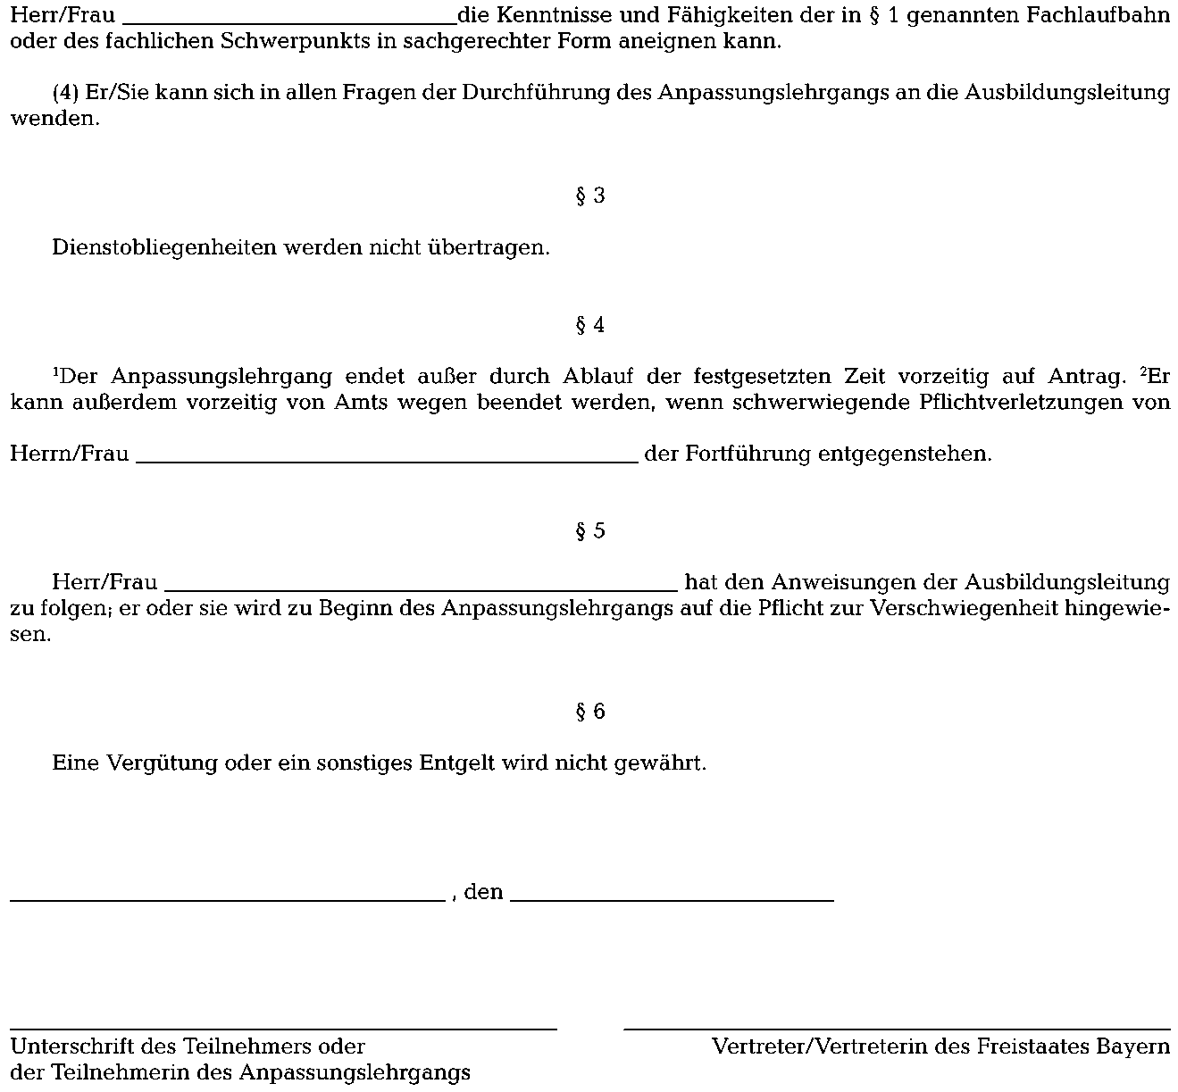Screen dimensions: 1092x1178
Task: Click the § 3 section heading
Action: coord(589,196)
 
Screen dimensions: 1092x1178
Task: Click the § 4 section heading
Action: coord(589,325)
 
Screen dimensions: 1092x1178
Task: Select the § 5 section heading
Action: coord(589,531)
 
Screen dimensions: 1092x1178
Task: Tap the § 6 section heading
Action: coord(589,712)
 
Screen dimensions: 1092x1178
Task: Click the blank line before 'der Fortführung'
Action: coord(387,460)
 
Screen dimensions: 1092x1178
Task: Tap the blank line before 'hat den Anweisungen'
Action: coord(422,589)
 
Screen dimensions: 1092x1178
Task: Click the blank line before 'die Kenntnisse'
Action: coord(288,22)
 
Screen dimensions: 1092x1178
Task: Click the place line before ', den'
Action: coord(227,899)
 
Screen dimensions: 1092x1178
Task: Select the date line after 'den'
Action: coord(672,899)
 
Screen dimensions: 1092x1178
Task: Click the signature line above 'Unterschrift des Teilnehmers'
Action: coord(283,1029)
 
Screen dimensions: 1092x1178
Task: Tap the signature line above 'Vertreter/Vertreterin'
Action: coord(897,1029)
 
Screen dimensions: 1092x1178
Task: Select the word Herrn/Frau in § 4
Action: coord(69,454)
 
